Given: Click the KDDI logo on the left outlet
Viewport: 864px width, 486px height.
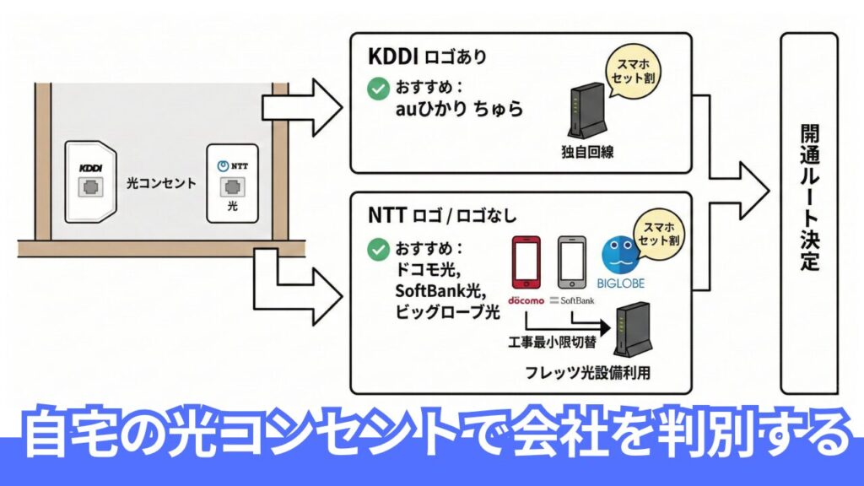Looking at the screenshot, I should pyautogui.click(x=89, y=168).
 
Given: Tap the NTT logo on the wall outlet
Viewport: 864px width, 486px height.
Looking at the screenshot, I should pyautogui.click(x=233, y=167).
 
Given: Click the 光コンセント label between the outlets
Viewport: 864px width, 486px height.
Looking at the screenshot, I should pyautogui.click(x=161, y=182).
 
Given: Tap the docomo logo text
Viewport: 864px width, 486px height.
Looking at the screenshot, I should pyautogui.click(x=527, y=300).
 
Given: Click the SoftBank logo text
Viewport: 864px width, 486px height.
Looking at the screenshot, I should pyautogui.click(x=573, y=300).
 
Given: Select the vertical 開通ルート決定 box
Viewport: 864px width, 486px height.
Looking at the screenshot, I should pyautogui.click(x=809, y=213).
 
